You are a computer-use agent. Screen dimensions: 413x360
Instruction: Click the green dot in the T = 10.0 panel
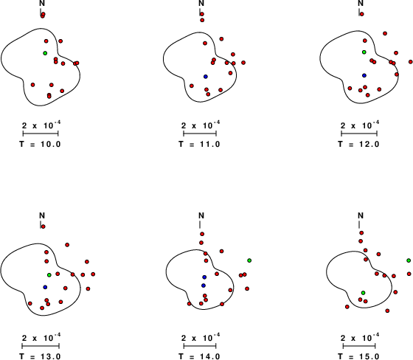click(x=45, y=53)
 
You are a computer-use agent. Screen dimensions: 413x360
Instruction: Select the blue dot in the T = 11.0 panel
click(x=206, y=77)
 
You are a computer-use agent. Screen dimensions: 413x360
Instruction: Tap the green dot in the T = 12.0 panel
click(x=364, y=52)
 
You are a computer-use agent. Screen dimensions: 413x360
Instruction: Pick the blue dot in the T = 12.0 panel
click(x=364, y=75)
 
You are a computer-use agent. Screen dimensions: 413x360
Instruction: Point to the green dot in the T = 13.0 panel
click(x=49, y=275)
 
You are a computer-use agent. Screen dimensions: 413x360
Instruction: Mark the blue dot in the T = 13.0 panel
click(x=45, y=287)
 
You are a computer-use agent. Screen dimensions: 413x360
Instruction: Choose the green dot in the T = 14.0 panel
click(x=249, y=260)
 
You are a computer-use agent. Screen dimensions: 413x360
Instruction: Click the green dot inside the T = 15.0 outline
click(x=363, y=293)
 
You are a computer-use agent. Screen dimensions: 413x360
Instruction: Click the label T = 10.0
click(x=40, y=144)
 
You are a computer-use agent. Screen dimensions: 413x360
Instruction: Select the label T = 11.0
click(x=199, y=144)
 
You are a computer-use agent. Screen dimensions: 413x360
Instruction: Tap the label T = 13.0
click(x=40, y=356)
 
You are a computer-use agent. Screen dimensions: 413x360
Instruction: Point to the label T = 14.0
click(x=199, y=356)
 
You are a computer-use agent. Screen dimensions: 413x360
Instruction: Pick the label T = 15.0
click(x=358, y=356)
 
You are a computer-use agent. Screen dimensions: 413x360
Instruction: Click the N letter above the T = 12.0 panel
click(x=361, y=3)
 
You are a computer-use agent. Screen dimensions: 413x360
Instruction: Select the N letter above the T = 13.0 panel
click(x=42, y=215)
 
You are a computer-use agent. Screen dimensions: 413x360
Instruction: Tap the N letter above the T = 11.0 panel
click(x=201, y=3)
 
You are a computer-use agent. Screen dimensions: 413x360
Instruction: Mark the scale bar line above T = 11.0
click(x=200, y=134)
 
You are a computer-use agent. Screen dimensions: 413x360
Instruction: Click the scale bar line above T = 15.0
click(x=359, y=346)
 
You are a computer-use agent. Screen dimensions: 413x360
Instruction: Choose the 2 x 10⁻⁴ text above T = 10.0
click(x=41, y=125)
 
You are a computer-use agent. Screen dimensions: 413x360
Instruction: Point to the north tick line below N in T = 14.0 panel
click(x=200, y=224)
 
